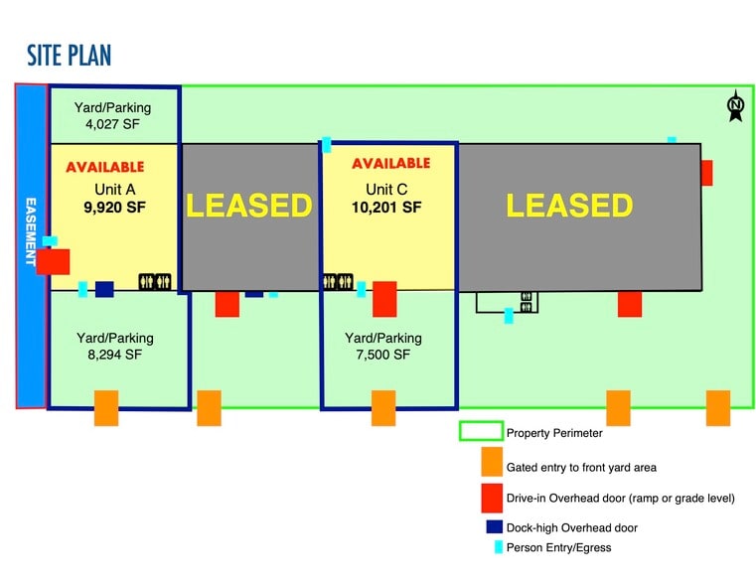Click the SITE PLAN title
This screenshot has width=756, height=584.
click(x=70, y=55)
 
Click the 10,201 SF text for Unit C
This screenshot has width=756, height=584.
click(x=386, y=208)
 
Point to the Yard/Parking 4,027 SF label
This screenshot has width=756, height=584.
click(x=113, y=116)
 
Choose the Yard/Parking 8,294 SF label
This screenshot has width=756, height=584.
click(x=115, y=346)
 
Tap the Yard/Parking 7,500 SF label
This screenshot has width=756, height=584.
click(x=383, y=346)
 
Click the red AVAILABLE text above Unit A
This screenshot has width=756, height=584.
click(x=105, y=167)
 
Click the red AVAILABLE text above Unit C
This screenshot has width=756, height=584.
click(x=391, y=163)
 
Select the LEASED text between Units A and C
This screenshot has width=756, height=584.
click(x=249, y=206)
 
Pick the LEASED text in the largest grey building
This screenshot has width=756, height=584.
click(x=569, y=206)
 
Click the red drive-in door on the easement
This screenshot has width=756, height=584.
click(x=54, y=262)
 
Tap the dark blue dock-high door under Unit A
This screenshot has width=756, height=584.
click(x=104, y=289)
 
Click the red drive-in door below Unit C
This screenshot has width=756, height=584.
click(x=384, y=298)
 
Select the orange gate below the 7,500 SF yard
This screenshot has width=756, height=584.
click(x=383, y=407)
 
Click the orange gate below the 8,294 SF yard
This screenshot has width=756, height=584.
click(x=106, y=407)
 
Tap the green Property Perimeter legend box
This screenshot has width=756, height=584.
click(x=478, y=432)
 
